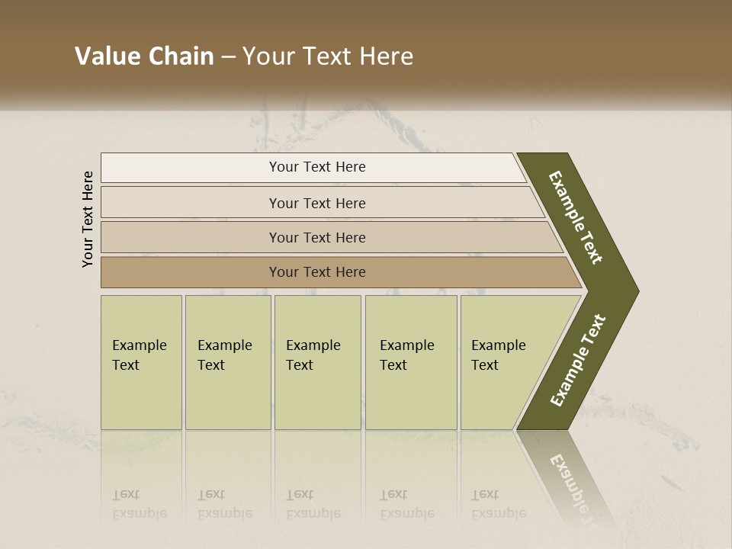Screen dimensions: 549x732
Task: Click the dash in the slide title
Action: click(x=228, y=57)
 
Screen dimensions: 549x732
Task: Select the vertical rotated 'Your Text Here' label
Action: click(x=88, y=219)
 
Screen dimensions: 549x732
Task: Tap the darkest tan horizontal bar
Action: click(x=191, y=272)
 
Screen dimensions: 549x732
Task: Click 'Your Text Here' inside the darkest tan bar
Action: click(x=317, y=272)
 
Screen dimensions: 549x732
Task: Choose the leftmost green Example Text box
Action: click(x=141, y=362)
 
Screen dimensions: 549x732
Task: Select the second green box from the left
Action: click(x=228, y=362)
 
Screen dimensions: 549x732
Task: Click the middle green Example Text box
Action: click(x=317, y=362)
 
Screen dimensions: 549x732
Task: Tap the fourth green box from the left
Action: click(x=411, y=362)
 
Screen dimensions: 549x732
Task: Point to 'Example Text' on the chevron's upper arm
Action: click(x=576, y=218)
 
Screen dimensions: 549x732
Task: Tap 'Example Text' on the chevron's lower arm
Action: click(x=577, y=361)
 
